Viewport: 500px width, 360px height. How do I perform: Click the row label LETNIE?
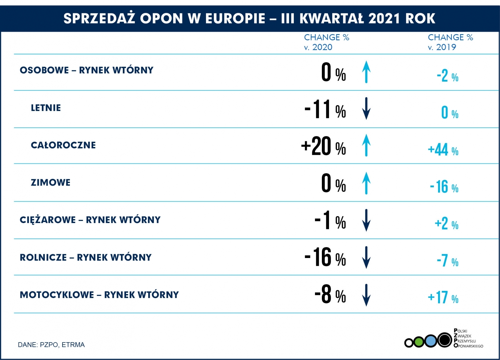46,108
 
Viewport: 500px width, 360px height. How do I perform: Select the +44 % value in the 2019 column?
443,150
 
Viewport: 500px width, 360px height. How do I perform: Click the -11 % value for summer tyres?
325,109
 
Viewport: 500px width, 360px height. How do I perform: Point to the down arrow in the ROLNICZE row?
366,257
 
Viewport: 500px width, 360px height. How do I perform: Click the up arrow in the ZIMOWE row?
366,183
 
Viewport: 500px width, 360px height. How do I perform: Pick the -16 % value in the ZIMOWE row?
444,187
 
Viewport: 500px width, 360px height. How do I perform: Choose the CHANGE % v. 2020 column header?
326,42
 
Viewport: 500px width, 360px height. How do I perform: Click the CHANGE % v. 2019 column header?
450,42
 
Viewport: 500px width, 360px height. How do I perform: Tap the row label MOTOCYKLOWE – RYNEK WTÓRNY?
99,295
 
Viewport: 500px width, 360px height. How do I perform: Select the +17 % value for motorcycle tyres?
443,297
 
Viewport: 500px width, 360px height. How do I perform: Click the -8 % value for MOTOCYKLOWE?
330,295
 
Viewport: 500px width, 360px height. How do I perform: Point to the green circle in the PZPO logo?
419,342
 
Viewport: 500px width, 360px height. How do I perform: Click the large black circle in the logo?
444,340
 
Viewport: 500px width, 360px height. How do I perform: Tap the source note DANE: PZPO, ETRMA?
51,345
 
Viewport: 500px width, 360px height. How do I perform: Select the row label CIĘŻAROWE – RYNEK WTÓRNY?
90,220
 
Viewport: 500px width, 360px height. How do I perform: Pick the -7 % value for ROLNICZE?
447,261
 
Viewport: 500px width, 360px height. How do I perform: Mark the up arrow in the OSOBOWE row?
366,72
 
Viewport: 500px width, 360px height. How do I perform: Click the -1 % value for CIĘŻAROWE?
330,220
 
